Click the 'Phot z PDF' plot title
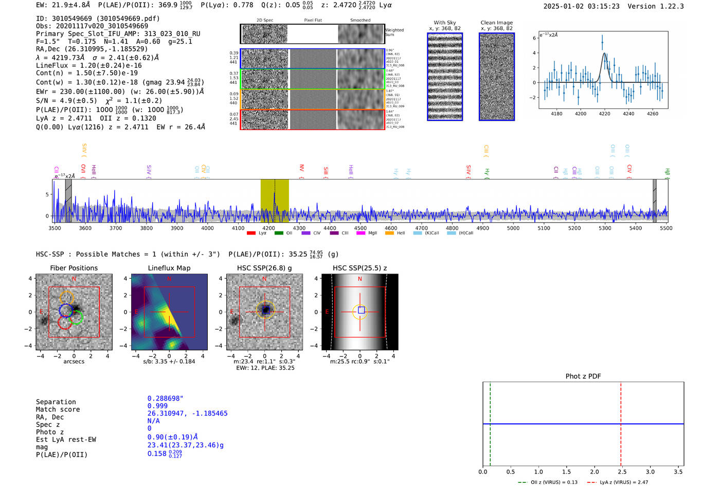(x=583, y=376)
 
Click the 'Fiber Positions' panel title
(x=74, y=268)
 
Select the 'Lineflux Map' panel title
(x=169, y=268)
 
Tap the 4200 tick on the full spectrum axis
(x=268, y=228)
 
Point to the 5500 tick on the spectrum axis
(x=666, y=228)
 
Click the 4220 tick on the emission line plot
(x=604, y=114)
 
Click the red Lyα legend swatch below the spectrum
(x=251, y=233)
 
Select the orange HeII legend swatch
(x=389, y=233)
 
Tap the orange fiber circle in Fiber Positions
(x=67, y=297)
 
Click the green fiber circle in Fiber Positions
(x=77, y=317)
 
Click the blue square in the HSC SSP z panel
(x=361, y=310)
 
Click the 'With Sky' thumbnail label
(x=444, y=23)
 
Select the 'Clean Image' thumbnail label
(x=496, y=23)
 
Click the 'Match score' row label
(x=58, y=409)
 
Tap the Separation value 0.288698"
(x=165, y=398)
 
